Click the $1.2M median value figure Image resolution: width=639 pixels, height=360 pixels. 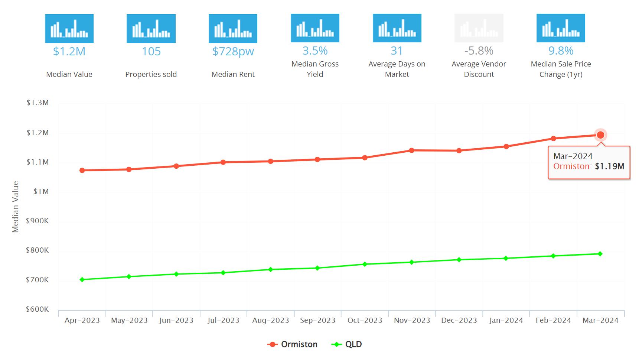click(x=69, y=51)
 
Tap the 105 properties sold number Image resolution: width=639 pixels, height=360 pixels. click(x=151, y=51)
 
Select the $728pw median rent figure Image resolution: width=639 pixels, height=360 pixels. click(x=233, y=51)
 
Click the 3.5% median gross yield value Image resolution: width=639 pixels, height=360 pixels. click(x=315, y=51)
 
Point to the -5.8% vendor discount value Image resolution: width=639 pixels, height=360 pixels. click(x=479, y=51)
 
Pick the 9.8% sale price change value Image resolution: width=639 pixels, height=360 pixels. click(x=561, y=51)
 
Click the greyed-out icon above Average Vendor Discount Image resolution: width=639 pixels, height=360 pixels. click(x=479, y=28)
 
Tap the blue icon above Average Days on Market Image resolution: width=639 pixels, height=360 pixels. click(x=397, y=28)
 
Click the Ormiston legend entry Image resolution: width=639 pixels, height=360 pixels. click(x=292, y=344)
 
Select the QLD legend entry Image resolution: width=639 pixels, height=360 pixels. click(x=346, y=344)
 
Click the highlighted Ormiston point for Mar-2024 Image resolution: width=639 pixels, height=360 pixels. click(x=600, y=135)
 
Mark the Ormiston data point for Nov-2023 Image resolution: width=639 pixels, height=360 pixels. click(x=412, y=150)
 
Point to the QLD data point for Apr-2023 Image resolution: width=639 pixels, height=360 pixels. click(x=82, y=279)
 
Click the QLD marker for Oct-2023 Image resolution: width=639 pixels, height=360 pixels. click(x=365, y=264)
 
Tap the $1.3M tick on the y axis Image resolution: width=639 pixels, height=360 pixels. click(x=38, y=103)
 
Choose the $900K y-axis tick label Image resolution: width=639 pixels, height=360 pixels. click(x=37, y=221)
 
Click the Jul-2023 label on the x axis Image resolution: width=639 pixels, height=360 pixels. click(x=223, y=320)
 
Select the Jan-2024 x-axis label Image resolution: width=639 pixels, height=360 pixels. click(x=506, y=320)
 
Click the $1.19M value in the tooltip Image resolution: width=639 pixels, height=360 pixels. click(x=610, y=166)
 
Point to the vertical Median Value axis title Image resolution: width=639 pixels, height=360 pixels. click(x=15, y=207)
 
